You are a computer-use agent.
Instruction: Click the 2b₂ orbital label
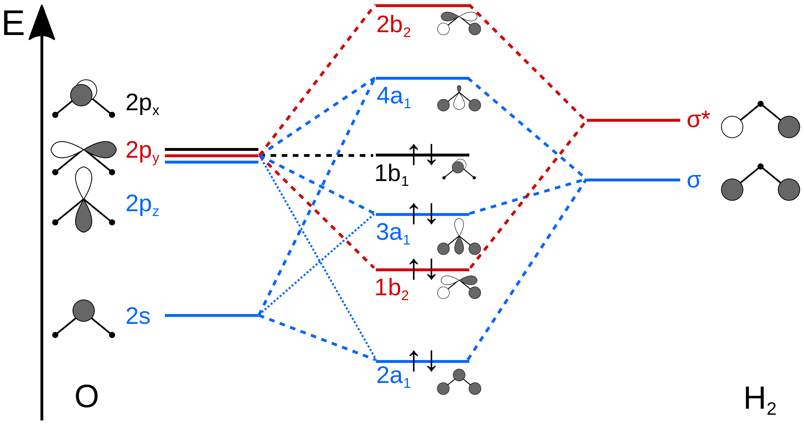[x=393, y=26]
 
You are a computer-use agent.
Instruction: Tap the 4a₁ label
[x=394, y=98]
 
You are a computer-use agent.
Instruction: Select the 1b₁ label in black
[x=391, y=175]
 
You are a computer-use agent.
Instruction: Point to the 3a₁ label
[x=393, y=234]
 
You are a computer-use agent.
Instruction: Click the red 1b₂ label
[x=391, y=288]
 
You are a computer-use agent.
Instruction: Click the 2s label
[x=138, y=317]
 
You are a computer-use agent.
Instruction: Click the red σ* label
[x=698, y=120]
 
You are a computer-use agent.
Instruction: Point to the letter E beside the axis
[x=13, y=24]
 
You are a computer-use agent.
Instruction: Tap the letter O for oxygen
[x=86, y=397]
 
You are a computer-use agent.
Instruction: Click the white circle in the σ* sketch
[x=732, y=127]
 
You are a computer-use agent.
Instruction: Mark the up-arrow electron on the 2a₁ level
[x=414, y=360]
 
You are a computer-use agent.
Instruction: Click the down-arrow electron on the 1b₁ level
[x=431, y=154]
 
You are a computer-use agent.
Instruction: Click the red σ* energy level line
[x=633, y=120]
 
